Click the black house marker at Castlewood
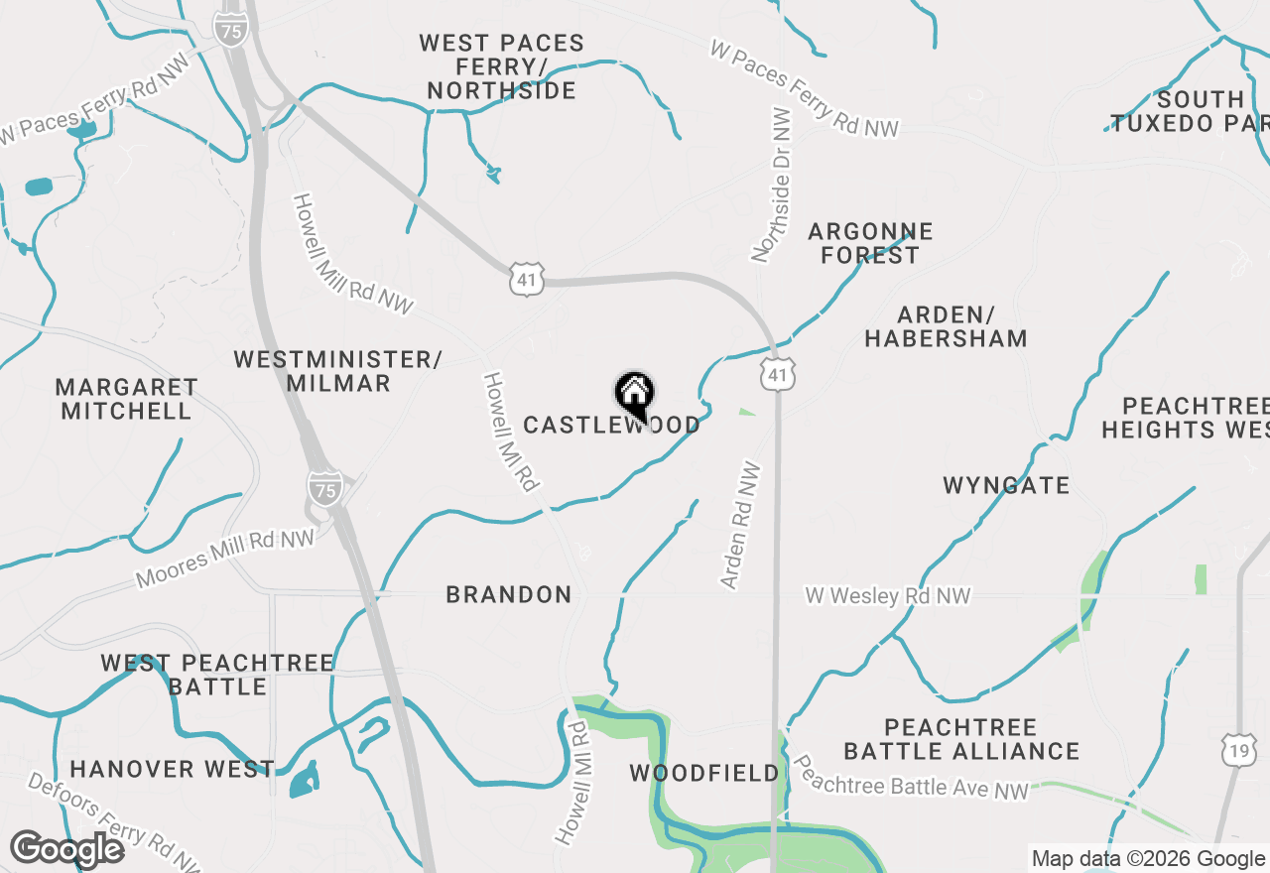click(634, 395)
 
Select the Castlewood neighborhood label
click(611, 426)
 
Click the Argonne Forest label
click(870, 244)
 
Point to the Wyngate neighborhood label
click(1006, 486)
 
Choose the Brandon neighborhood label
click(509, 595)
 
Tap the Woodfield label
click(704, 773)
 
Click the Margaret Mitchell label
click(126, 399)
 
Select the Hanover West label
click(172, 769)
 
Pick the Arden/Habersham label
click(946, 327)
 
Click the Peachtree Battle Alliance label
click(961, 740)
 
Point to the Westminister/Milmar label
click(338, 371)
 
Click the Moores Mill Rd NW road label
click(225, 558)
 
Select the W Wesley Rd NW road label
click(887, 596)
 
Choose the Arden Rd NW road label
click(741, 526)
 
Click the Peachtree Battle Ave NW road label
click(912, 780)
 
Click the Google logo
click(66, 849)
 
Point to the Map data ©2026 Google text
click(1148, 859)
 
